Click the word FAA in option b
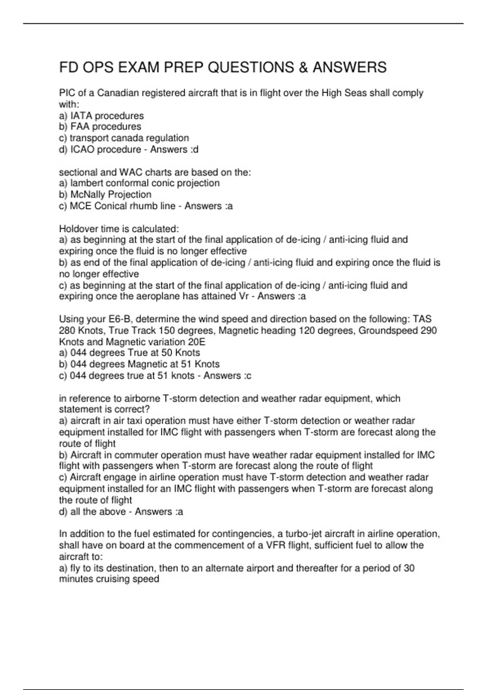point(80,127)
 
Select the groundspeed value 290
point(429,330)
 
